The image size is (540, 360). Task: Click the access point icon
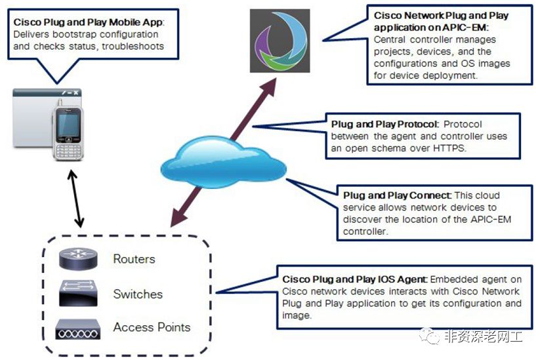[79, 327]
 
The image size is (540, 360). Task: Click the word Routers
[134, 259]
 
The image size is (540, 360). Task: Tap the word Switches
[138, 294]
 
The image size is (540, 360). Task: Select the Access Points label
[152, 327]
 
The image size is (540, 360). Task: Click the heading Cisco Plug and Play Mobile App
[88, 22]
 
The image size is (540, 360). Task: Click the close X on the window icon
[76, 93]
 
